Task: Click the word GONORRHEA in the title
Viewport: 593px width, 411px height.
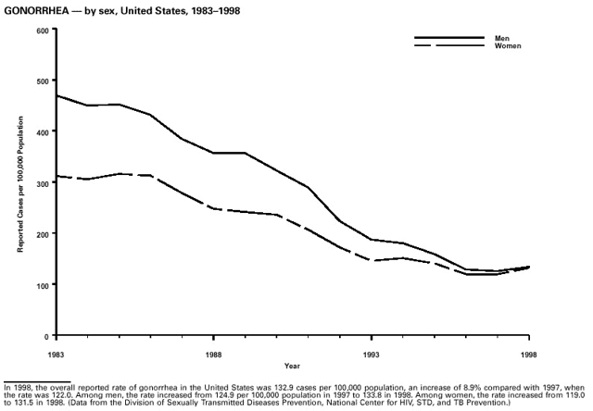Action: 36,8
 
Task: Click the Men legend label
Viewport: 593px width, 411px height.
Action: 502,38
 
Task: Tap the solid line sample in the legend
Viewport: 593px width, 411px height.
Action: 448,38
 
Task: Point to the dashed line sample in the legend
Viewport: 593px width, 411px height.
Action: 448,46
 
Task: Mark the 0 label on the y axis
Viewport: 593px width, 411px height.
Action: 45,335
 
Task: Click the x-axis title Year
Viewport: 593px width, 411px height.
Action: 292,365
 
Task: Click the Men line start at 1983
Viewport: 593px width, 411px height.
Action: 57,95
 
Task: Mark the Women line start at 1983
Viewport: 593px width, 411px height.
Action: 57,176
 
